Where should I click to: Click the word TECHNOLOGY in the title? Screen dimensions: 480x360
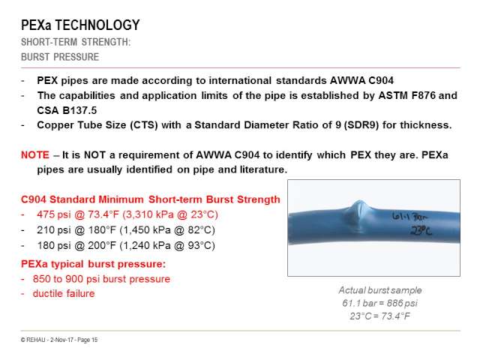[97, 25]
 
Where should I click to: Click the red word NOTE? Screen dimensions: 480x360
[35, 155]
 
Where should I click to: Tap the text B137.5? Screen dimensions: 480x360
[79, 110]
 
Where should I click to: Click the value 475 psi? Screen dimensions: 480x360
[54, 214]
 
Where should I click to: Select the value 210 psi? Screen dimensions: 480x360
[54, 230]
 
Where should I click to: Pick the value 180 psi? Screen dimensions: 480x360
[54, 245]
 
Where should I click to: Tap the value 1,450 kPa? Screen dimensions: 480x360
[147, 230]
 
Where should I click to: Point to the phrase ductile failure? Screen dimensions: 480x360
[64, 293]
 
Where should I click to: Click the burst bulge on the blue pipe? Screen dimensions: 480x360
[359, 215]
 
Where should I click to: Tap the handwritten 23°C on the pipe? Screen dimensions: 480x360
[421, 230]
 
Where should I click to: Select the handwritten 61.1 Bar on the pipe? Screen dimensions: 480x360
[410, 217]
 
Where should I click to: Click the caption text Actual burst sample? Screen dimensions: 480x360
[380, 290]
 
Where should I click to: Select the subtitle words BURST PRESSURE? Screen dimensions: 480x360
[60, 57]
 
